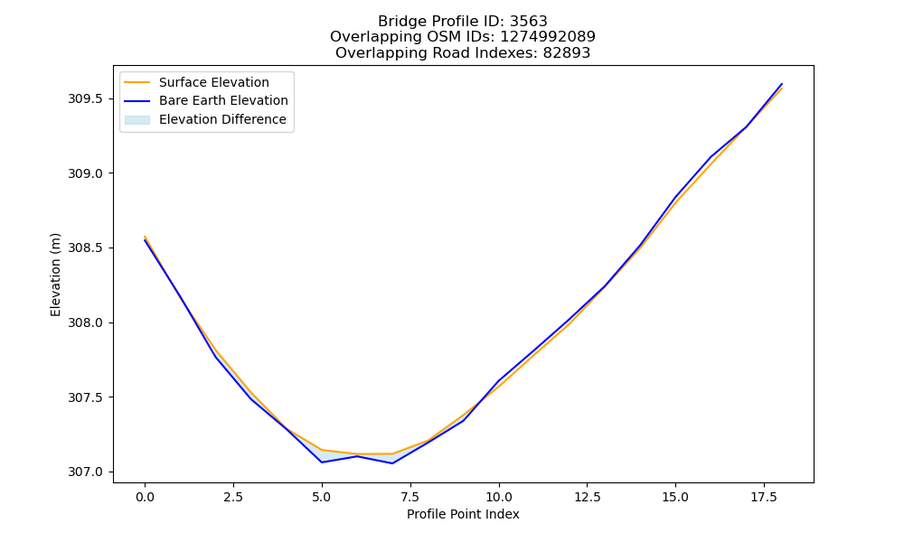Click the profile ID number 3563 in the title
(x=528, y=22)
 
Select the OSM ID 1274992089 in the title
(x=548, y=37)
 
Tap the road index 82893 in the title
(x=566, y=53)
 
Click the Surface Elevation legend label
(x=214, y=82)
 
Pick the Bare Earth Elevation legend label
(x=223, y=100)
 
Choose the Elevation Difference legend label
(x=222, y=119)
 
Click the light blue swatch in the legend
(x=137, y=120)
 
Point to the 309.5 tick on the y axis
(x=85, y=99)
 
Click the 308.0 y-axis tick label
(x=85, y=323)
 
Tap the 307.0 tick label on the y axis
(x=85, y=472)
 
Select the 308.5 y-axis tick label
(x=85, y=248)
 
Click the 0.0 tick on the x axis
(x=145, y=497)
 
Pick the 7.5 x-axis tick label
(x=410, y=497)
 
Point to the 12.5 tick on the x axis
(x=587, y=497)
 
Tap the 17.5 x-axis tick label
(x=764, y=497)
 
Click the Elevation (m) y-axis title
(x=55, y=275)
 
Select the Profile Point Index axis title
(x=463, y=514)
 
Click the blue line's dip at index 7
(x=392, y=463)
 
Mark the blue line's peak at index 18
(x=782, y=84)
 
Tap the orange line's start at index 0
(x=145, y=236)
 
